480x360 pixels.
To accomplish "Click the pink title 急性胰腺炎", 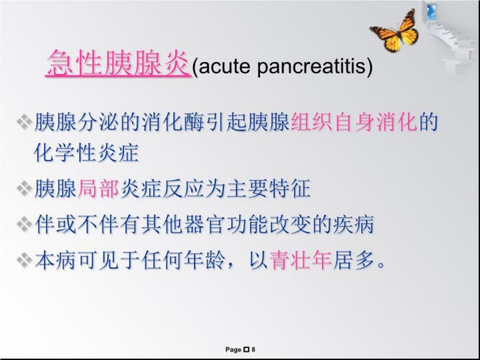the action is [x=117, y=63].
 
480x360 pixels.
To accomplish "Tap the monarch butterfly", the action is [x=395, y=31].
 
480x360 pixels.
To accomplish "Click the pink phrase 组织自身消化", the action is [x=354, y=122].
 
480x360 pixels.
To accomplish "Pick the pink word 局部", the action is [x=98, y=188].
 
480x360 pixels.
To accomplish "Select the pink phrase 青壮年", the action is [x=300, y=260].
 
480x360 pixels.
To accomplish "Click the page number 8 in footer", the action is [x=253, y=349].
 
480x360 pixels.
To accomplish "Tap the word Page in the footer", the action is [x=233, y=349].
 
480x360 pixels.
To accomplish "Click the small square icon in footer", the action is [x=246, y=349].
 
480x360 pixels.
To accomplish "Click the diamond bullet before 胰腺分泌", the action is [x=24, y=122].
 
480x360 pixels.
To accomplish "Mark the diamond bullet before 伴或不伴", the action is [x=24, y=224].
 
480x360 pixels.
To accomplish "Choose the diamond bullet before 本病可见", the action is [x=24, y=260].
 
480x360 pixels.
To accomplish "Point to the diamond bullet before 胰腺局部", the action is [x=24, y=188].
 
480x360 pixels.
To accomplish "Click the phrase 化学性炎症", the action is [x=86, y=152].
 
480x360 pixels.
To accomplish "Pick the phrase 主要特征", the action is [x=269, y=188].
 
